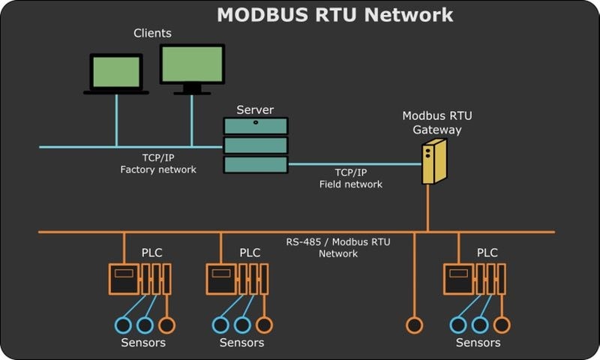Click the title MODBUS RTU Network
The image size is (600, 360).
pyautogui.click(x=334, y=15)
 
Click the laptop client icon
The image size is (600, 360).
pyautogui.click(x=116, y=73)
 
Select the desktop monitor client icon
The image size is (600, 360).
pyautogui.click(x=192, y=68)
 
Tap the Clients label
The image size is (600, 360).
pyautogui.click(x=152, y=33)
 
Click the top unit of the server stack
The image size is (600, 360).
pyautogui.click(x=255, y=125)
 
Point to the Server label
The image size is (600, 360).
pyautogui.click(x=255, y=109)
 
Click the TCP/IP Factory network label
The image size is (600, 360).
pyautogui.click(x=158, y=164)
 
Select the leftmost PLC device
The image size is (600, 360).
pyautogui.click(x=139, y=278)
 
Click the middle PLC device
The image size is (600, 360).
pyautogui.click(x=236, y=278)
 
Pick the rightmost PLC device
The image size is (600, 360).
pyautogui.click(x=473, y=278)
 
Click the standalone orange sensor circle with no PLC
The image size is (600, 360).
pyautogui.click(x=414, y=325)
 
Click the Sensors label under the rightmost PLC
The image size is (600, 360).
pyautogui.click(x=478, y=343)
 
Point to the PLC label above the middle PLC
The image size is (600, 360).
pyautogui.click(x=250, y=253)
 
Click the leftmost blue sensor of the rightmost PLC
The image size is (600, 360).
pyautogui.click(x=457, y=325)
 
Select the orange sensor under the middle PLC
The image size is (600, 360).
pyautogui.click(x=264, y=325)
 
